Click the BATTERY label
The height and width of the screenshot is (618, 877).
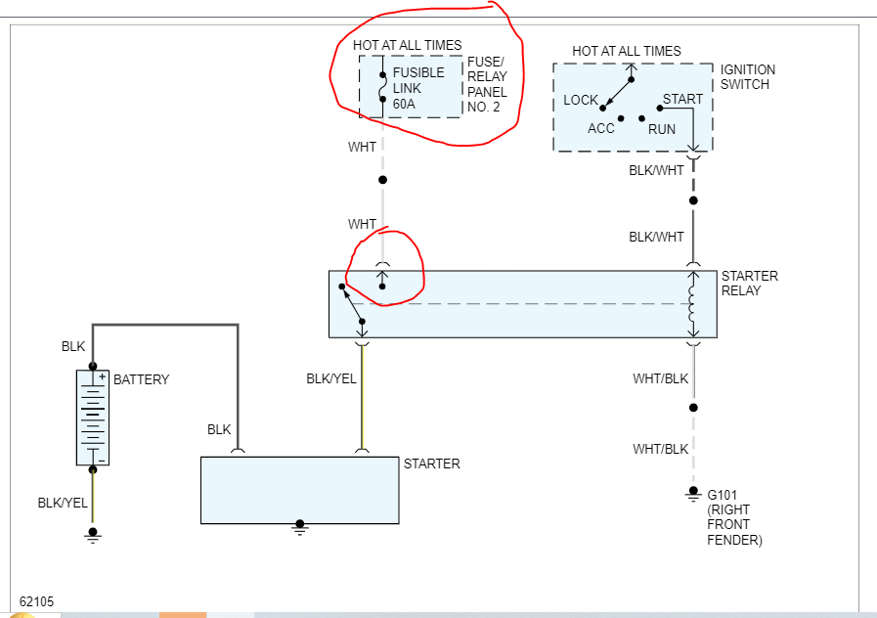(x=142, y=379)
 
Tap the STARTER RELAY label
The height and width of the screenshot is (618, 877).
(x=749, y=284)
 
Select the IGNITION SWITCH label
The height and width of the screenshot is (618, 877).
(x=748, y=77)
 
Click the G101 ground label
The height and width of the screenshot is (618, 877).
(x=722, y=496)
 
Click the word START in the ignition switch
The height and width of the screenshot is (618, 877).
(x=682, y=100)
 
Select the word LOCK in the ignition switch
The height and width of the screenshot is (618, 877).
(x=581, y=101)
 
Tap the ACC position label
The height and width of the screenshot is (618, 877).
(x=601, y=128)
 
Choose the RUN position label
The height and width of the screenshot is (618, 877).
(x=662, y=128)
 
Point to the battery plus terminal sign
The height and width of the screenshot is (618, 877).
(x=102, y=376)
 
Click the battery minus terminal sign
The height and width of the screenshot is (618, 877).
(x=102, y=460)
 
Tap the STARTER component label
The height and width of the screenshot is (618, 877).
(x=431, y=463)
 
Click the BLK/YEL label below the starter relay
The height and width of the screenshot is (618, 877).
(x=331, y=378)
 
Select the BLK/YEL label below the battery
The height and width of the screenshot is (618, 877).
(x=63, y=503)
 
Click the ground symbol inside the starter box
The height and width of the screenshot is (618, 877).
(x=300, y=527)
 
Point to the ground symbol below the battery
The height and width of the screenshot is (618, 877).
(x=93, y=534)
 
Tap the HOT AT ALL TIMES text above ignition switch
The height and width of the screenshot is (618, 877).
(x=627, y=51)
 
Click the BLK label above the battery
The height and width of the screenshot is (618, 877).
(x=73, y=346)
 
